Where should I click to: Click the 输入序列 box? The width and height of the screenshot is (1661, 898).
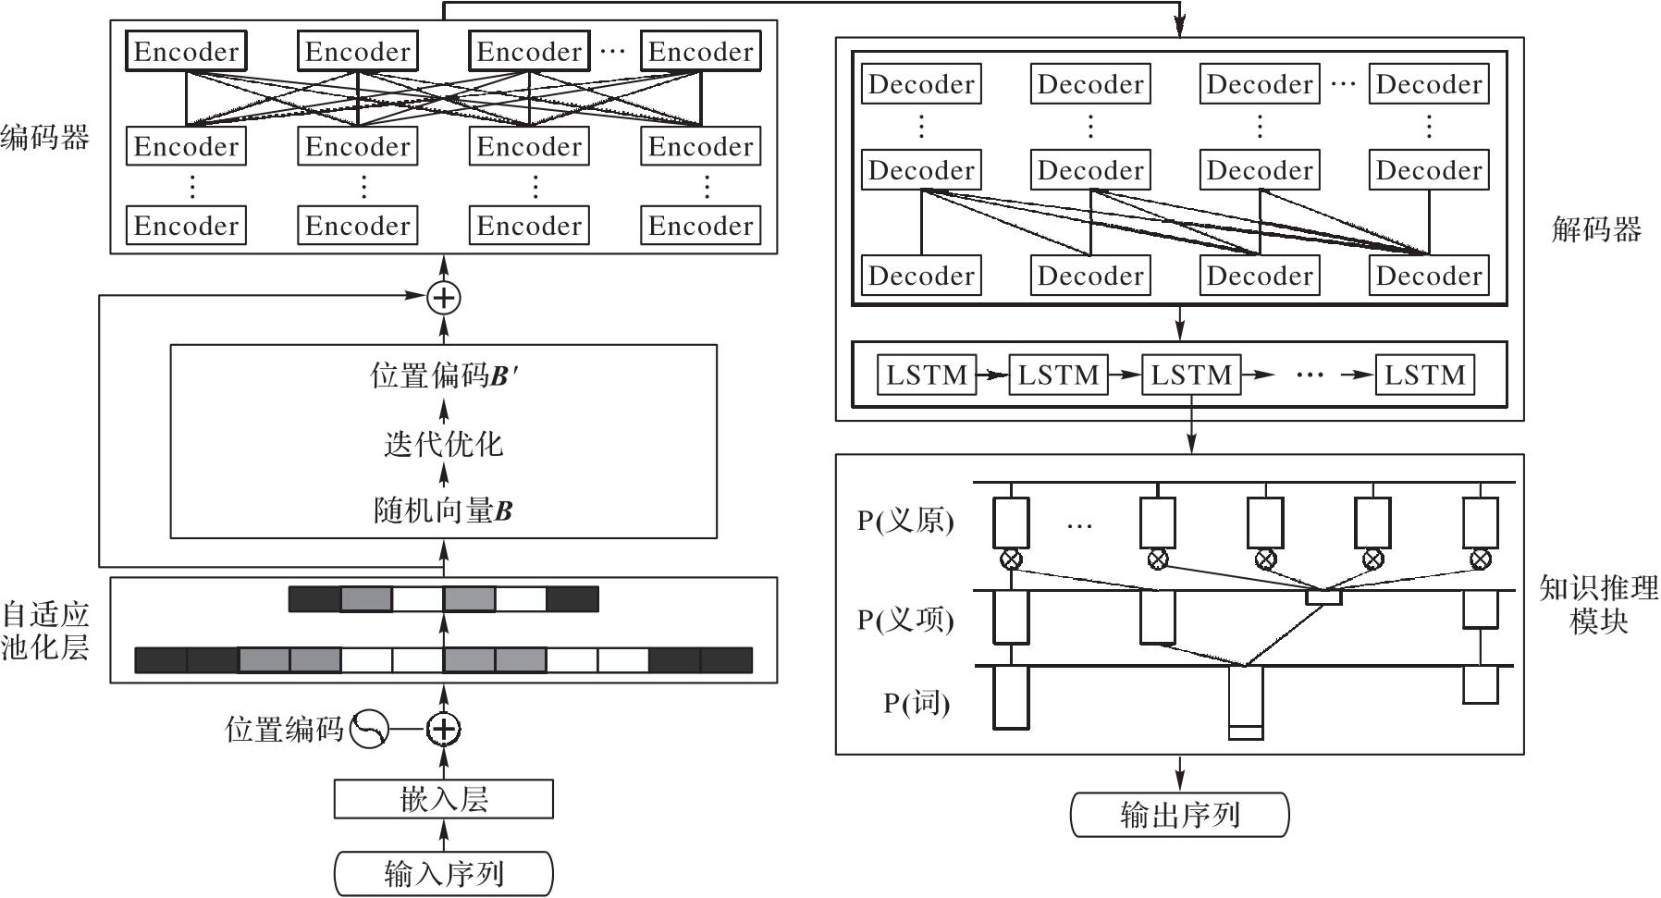443,873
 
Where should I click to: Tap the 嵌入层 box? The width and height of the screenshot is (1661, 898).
443,799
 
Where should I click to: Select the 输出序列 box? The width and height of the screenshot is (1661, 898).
1179,815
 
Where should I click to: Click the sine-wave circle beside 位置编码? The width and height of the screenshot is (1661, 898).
368,729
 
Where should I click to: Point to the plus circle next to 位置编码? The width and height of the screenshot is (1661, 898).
444,729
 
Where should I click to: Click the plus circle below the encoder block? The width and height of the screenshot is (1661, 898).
444,297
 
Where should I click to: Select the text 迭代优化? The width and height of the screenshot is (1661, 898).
443,445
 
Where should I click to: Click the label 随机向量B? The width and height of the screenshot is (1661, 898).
443,511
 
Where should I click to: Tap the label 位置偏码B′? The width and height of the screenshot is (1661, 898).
443,375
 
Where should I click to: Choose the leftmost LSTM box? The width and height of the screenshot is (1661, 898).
926,375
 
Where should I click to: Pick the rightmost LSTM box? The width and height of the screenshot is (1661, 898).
1424,375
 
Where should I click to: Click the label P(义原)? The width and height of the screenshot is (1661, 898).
904,522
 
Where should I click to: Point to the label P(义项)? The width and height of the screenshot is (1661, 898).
904,619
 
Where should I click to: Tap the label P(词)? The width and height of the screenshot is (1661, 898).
916,703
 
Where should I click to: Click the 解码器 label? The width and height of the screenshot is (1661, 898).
1595,228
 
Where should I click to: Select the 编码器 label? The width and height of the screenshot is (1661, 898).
44,138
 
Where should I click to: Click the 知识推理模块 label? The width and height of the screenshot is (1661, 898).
1598,604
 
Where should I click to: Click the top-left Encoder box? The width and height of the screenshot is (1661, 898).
186,51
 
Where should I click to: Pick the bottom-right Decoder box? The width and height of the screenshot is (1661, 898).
1429,276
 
